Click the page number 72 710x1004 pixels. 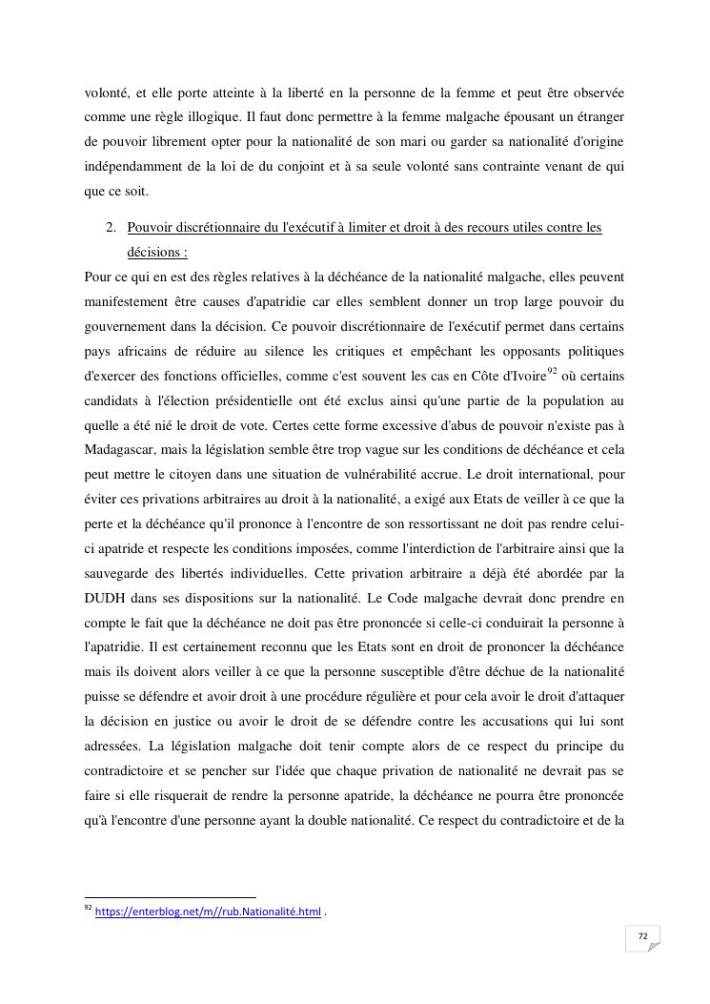coord(643,936)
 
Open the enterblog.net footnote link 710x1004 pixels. coord(208,912)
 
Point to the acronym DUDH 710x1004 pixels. coord(106,599)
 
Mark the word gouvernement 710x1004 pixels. coord(128,326)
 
